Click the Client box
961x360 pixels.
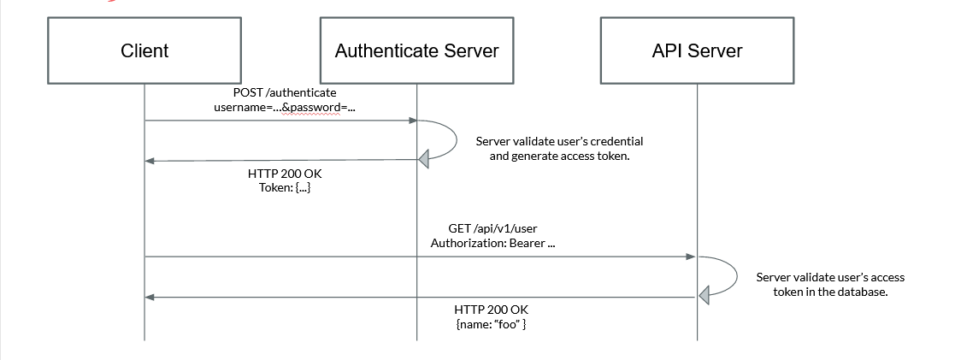144,50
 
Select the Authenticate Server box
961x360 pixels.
416,50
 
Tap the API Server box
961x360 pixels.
697,50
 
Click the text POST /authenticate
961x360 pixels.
285,92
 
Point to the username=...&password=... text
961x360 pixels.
284,107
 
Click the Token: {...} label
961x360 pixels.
285,187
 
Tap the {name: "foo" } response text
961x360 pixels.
497,324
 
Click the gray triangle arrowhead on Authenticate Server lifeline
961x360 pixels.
423,158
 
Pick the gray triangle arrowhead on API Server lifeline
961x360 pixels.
704,296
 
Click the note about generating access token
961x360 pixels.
559,149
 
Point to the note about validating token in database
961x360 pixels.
830,284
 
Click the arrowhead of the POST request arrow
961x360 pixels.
411,121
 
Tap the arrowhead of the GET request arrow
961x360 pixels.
691,256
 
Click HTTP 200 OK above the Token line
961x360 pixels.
285,173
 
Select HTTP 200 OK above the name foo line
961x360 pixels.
497,310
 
